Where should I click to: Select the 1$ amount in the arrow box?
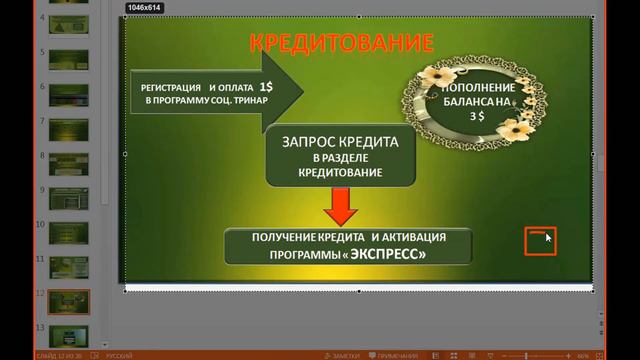(x=252, y=87)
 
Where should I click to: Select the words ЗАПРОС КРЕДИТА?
(x=341, y=142)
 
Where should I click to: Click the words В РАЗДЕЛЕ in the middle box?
(x=341, y=158)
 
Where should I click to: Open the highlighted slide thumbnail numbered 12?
(x=69, y=303)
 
